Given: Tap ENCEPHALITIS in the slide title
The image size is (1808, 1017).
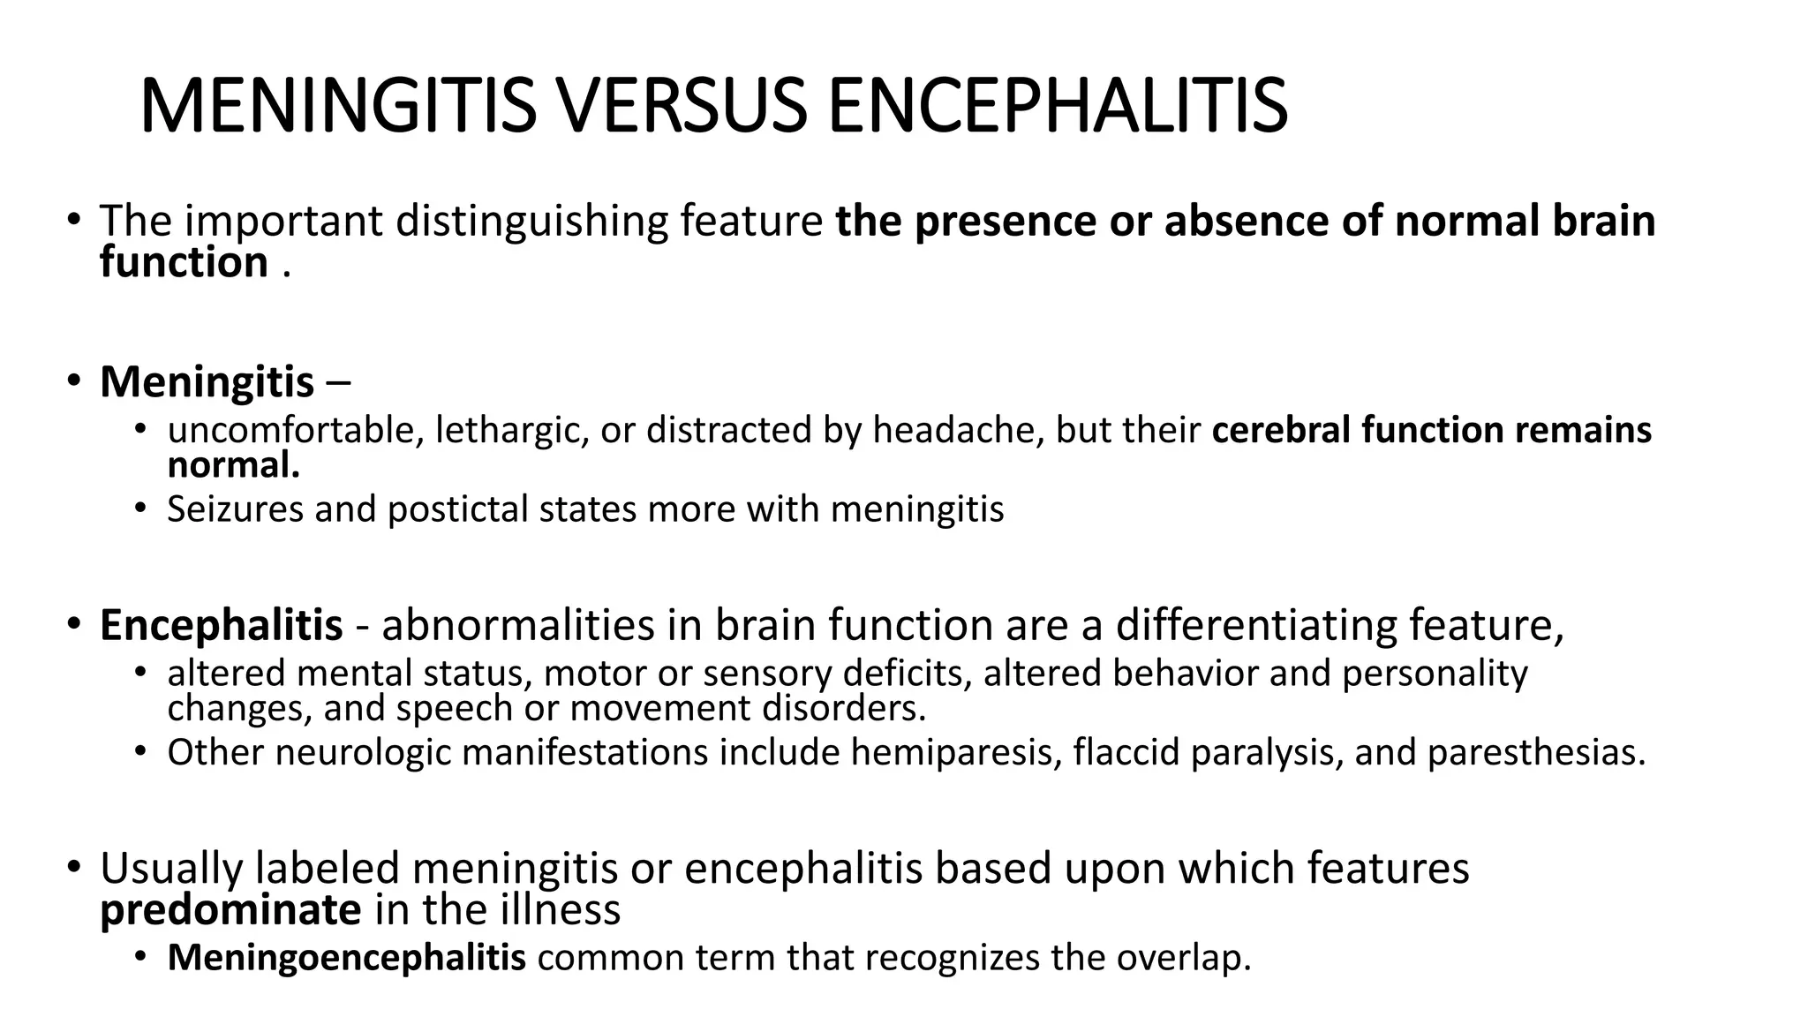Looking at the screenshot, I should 1057,106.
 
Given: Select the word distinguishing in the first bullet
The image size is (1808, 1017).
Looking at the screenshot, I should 531,221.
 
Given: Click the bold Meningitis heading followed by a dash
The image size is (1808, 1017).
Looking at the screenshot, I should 207,382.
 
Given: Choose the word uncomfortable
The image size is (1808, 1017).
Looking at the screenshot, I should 290,431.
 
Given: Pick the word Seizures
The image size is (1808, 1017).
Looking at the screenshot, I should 235,509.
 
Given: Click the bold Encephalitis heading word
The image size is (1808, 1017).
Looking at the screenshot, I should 221,625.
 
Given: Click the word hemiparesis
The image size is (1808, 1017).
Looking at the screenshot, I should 956,752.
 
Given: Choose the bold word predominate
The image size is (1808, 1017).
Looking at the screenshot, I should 230,910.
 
